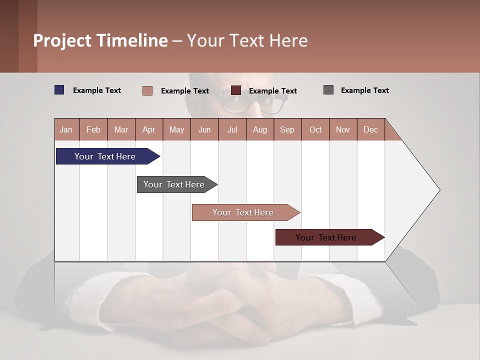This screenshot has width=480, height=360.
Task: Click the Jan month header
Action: (x=66, y=129)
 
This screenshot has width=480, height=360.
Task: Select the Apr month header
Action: (x=148, y=129)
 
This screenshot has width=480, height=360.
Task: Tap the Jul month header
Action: (x=232, y=129)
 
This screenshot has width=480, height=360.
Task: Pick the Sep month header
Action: (x=287, y=129)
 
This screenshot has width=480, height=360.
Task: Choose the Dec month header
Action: (x=370, y=129)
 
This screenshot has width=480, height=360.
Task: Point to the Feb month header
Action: (x=93, y=129)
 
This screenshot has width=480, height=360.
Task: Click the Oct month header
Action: (x=315, y=129)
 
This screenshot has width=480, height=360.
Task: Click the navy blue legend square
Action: (x=59, y=90)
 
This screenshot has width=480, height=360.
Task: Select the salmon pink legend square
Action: (x=147, y=90)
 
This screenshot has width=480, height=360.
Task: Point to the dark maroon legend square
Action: (x=236, y=90)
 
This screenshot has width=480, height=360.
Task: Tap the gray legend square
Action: (x=328, y=90)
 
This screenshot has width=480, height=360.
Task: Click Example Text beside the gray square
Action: (x=364, y=90)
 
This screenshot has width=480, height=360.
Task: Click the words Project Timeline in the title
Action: (x=100, y=40)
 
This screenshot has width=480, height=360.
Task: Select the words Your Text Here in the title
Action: (x=247, y=40)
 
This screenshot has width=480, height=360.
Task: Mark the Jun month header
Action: (x=204, y=129)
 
